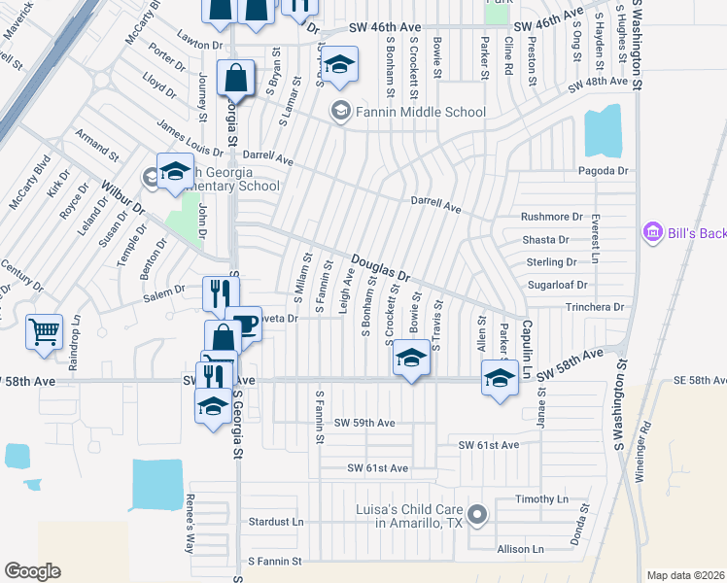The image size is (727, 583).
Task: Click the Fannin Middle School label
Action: (420, 112)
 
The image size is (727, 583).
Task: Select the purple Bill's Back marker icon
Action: (651, 233)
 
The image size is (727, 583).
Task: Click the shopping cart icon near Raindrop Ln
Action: (45, 332)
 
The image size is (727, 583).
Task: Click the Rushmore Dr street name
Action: (551, 217)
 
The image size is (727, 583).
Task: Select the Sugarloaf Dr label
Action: (557, 285)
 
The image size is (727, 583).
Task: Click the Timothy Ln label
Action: (541, 499)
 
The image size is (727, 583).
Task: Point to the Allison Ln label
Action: (520, 550)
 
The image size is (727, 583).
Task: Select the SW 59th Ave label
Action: (364, 424)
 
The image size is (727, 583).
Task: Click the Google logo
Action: (32, 570)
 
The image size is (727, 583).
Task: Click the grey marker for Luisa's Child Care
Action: (476, 514)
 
